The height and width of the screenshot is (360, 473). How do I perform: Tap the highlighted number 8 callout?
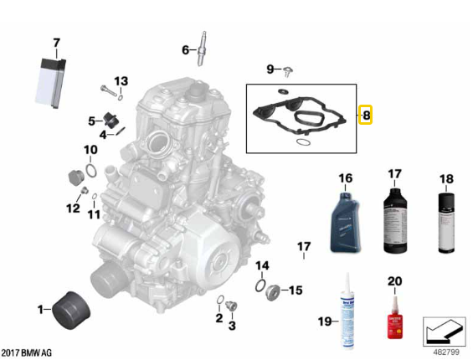coord(366,114)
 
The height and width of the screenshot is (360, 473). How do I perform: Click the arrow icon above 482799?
coord(444,332)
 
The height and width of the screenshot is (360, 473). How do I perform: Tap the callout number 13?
coord(121,80)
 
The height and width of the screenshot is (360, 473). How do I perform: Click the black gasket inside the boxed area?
coord(301,117)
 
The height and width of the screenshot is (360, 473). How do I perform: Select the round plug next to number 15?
coord(271,291)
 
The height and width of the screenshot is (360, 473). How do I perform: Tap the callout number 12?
coord(73,208)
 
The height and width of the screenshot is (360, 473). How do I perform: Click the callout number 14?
coord(262,265)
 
